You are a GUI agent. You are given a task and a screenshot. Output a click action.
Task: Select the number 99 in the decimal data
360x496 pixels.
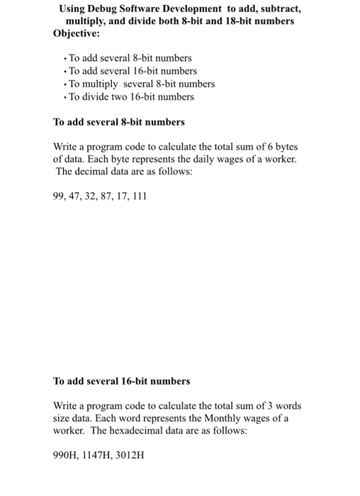click(x=60, y=197)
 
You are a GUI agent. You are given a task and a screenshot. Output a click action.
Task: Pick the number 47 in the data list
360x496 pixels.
click(x=76, y=197)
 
